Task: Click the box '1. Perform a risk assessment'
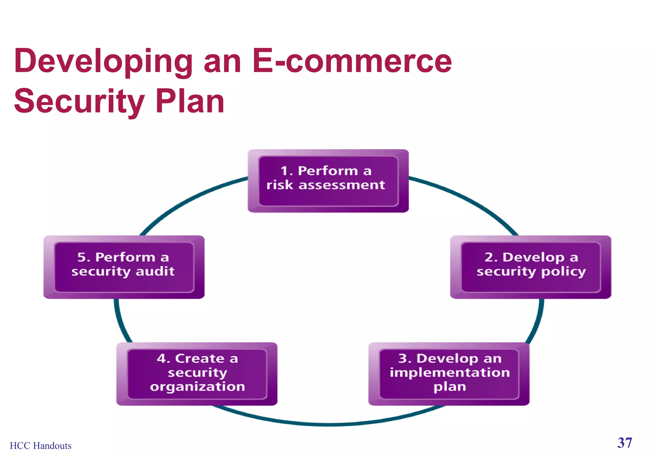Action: click(x=328, y=181)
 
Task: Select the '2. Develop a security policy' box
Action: click(x=531, y=267)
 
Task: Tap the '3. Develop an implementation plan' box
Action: click(x=449, y=374)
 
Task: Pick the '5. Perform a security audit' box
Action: click(x=124, y=267)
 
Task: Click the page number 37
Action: click(x=624, y=443)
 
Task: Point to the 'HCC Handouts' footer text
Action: click(x=41, y=446)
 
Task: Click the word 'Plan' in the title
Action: click(x=190, y=101)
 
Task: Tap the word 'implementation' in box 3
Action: click(x=450, y=372)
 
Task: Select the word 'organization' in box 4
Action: click(x=197, y=387)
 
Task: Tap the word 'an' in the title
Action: click(x=222, y=61)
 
